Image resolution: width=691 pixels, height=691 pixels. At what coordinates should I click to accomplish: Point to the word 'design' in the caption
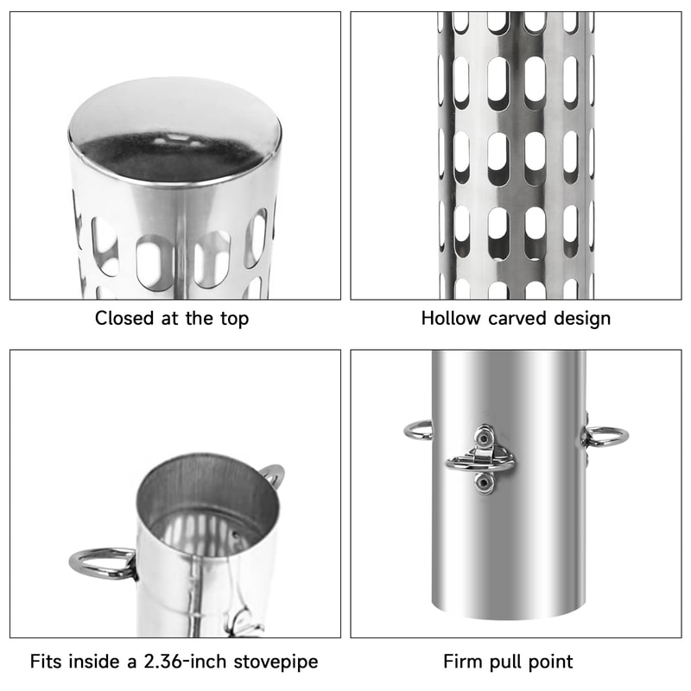[x=582, y=318]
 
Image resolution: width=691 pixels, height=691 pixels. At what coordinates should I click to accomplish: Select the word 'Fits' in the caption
[x=47, y=662]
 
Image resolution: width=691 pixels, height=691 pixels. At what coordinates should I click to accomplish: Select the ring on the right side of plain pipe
[x=605, y=436]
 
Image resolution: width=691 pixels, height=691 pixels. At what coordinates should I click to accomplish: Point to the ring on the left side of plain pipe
[x=418, y=429]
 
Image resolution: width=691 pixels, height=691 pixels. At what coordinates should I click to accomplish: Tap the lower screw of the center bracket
[x=484, y=485]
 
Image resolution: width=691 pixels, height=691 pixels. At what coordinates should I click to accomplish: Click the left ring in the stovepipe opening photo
[x=100, y=562]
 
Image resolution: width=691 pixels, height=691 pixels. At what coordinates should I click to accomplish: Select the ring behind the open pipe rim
[x=272, y=474]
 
